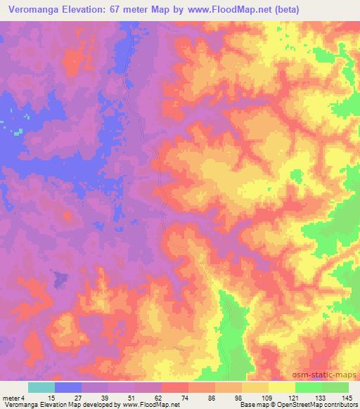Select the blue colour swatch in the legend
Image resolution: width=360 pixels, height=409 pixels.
pos(68,387)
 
